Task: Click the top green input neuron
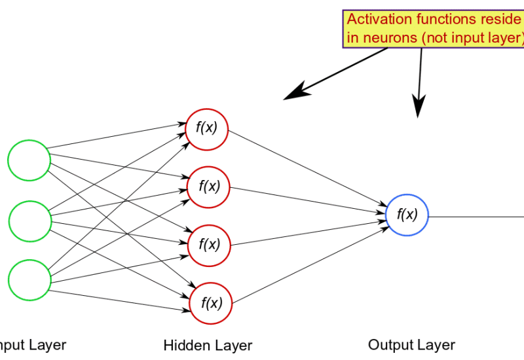pos(29,160)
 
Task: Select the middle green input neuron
pos(29,221)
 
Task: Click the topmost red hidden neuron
pos(207,127)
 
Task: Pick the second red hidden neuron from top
pos(210,187)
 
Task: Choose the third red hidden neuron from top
pos(210,244)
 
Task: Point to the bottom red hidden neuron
pos(212,302)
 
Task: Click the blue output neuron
pos(407,215)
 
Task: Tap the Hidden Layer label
pos(208,345)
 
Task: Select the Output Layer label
pos(411,345)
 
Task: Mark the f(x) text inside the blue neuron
pos(407,215)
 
